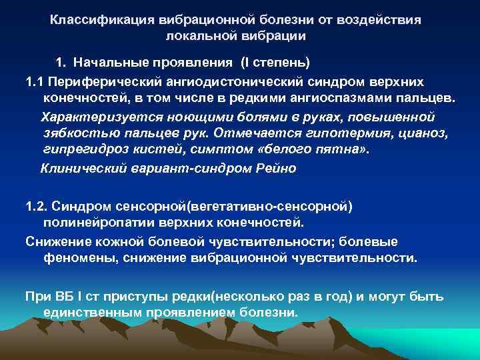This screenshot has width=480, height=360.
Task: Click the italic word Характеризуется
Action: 90,117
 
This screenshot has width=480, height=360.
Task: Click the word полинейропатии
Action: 89,222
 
